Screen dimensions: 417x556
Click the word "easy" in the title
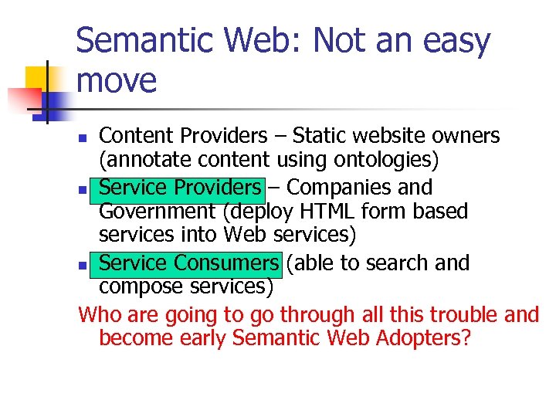pos(455,42)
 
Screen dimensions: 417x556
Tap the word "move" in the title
pos(117,80)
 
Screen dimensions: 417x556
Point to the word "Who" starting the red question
pos(97,315)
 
